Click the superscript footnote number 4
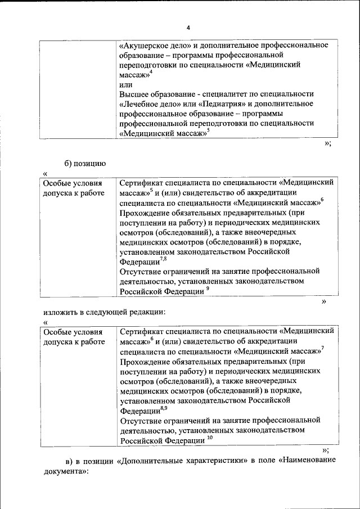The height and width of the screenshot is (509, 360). [151, 72]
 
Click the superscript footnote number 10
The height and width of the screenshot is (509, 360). [210, 438]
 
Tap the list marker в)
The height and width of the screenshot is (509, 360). [68, 461]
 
